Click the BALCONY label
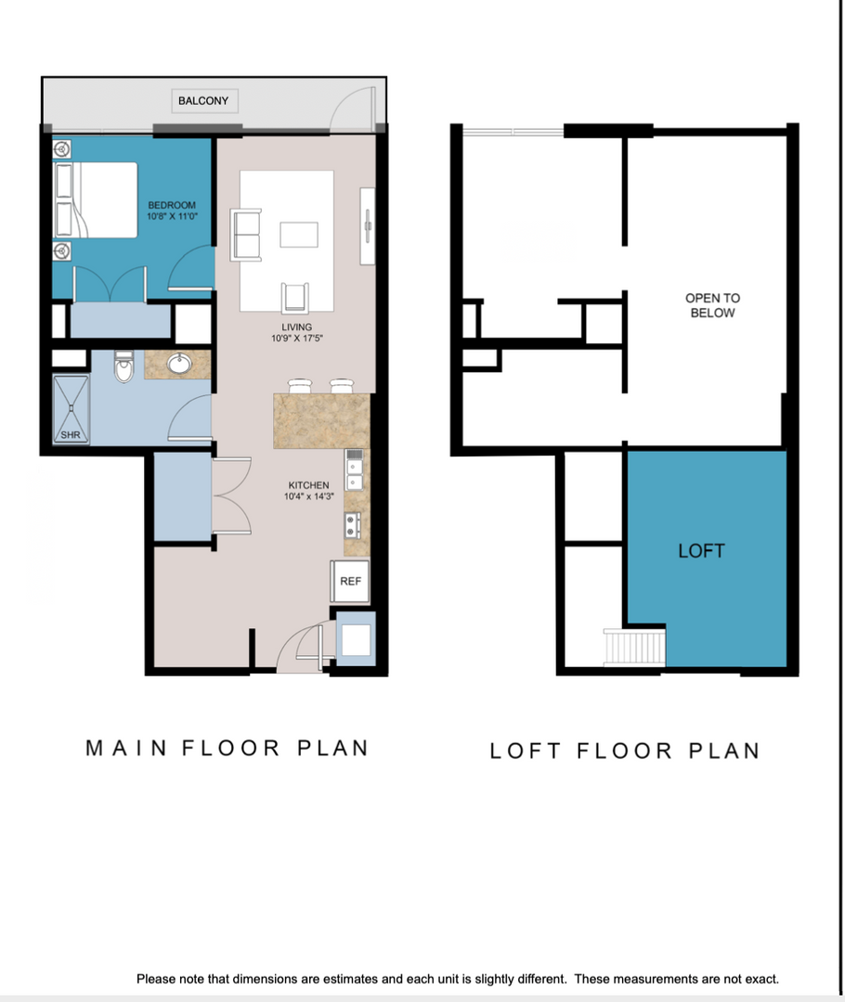pyautogui.click(x=202, y=100)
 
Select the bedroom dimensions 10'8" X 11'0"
pyautogui.click(x=172, y=215)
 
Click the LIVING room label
pyautogui.click(x=297, y=328)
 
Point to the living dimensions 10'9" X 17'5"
pyautogui.click(x=297, y=339)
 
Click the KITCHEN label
pyautogui.click(x=308, y=485)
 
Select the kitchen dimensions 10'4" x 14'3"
pyautogui.click(x=308, y=496)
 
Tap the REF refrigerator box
pyautogui.click(x=350, y=582)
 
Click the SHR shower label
pyautogui.click(x=71, y=434)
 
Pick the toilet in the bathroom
pyautogui.click(x=123, y=368)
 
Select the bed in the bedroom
pyautogui.click(x=97, y=199)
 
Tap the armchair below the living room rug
pyautogui.click(x=295, y=297)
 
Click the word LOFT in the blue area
pyautogui.click(x=701, y=551)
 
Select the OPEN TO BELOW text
pyautogui.click(x=712, y=305)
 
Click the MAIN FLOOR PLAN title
pyautogui.click(x=227, y=748)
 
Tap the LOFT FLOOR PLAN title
pyautogui.click(x=624, y=751)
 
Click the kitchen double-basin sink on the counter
pyautogui.click(x=354, y=471)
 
